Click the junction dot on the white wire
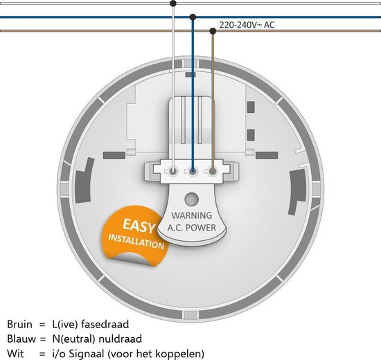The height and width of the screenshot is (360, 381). (x=173, y=3)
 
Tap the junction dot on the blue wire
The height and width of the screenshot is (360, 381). (x=193, y=17)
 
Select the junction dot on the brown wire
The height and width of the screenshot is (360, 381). (x=213, y=31)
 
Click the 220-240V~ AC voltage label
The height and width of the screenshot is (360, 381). (x=247, y=25)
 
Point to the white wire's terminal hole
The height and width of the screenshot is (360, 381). (x=173, y=172)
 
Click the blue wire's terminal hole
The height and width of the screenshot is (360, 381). (x=193, y=172)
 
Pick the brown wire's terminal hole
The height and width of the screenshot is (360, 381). (x=213, y=172)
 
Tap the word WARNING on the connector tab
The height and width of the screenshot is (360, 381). (x=192, y=215)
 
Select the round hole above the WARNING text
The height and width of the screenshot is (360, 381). (x=191, y=199)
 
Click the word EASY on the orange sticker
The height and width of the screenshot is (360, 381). (x=139, y=226)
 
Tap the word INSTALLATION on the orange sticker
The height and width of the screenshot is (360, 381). (x=136, y=242)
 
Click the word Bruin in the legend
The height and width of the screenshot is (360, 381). (x=19, y=324)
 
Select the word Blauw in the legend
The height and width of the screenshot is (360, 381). (x=21, y=339)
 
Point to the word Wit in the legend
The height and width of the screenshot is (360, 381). (x=15, y=354)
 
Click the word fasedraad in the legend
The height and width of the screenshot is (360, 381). (x=105, y=324)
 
